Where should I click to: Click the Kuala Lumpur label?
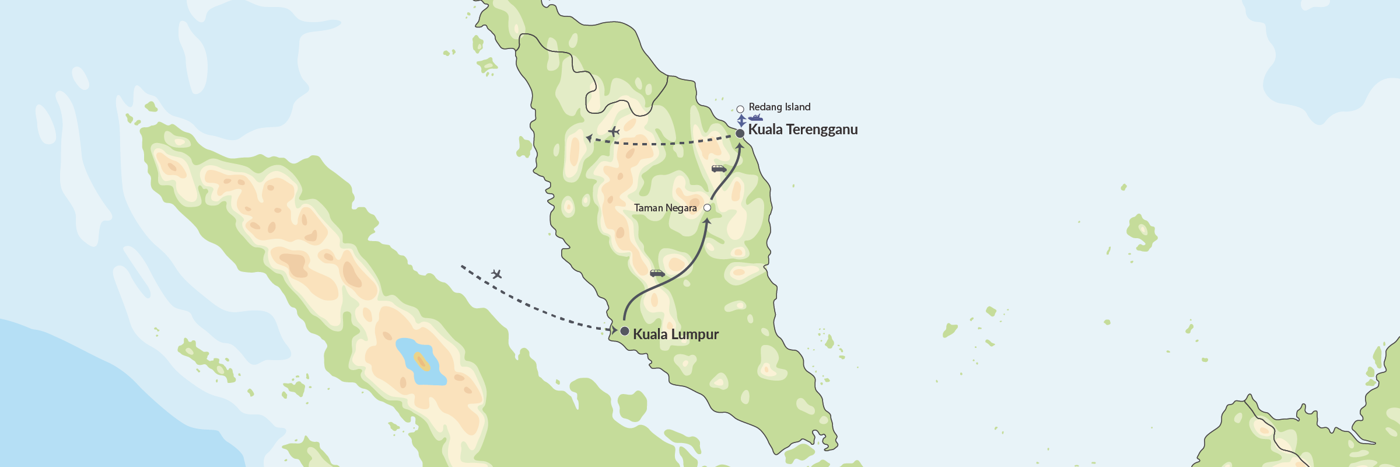tap(675, 334)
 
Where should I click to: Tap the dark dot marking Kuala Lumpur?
tap(624, 331)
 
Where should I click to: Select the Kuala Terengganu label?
tap(803, 130)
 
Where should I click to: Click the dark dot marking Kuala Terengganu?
tap(740, 133)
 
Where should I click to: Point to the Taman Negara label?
tap(665, 208)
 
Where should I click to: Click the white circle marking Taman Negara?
tap(707, 208)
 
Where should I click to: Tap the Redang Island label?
tap(779, 107)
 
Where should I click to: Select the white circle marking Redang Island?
tap(740, 109)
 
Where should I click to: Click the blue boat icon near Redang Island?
tap(755, 118)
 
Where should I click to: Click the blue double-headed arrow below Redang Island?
tap(741, 121)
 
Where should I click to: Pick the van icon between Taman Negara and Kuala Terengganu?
tap(719, 169)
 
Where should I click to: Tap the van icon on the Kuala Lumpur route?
tap(657, 273)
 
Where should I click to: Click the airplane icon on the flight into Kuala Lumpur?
tap(496, 274)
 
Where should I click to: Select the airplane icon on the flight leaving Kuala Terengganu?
tap(614, 131)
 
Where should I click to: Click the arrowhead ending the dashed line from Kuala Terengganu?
tap(589, 138)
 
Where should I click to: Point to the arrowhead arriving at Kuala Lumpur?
tap(614, 330)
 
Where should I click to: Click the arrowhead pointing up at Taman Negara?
tap(707, 221)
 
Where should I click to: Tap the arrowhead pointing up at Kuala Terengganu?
tap(740, 145)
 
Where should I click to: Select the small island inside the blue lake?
tap(422, 362)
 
